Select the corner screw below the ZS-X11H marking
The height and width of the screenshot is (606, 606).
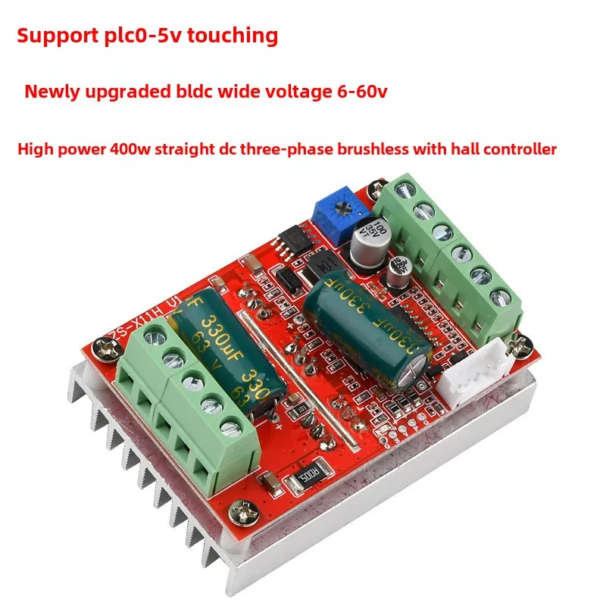click(x=101, y=348)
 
